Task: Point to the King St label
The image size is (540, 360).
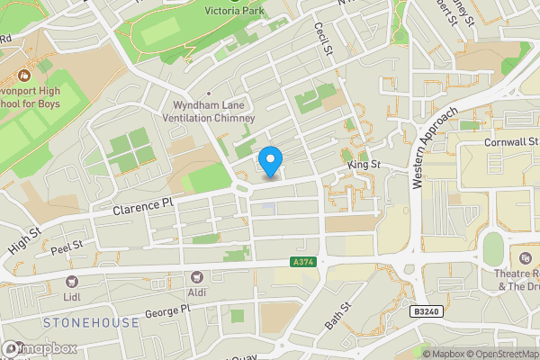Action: click(364, 166)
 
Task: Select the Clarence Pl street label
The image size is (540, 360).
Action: click(142, 207)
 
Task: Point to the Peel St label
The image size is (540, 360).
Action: click(67, 247)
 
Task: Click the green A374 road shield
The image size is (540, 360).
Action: click(302, 262)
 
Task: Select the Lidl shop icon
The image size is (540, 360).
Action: click(72, 281)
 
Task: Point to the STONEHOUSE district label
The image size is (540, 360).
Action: click(91, 322)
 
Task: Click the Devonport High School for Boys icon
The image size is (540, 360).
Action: click(22, 67)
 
